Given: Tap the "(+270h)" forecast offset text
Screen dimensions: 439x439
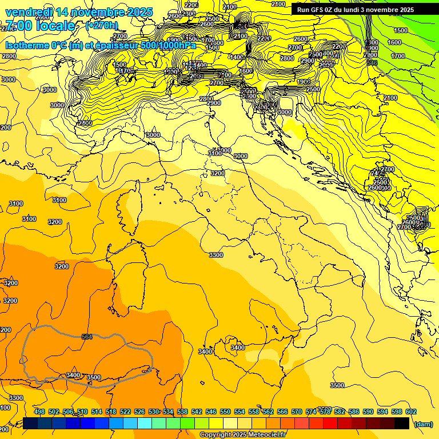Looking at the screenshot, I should coord(101,25).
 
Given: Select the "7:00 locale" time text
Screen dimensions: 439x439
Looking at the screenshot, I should coord(39,26).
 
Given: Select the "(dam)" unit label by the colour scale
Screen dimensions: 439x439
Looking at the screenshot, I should coord(423,424).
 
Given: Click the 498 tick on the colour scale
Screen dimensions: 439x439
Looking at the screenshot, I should coord(39,412).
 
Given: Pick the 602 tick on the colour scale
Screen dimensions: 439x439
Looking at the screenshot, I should coord(410,412).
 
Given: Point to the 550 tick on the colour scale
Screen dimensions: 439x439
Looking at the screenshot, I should coord(225,412).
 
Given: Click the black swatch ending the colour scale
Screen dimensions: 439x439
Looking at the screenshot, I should coord(402,423).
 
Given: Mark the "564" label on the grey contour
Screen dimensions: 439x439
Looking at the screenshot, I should coord(87,337).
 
